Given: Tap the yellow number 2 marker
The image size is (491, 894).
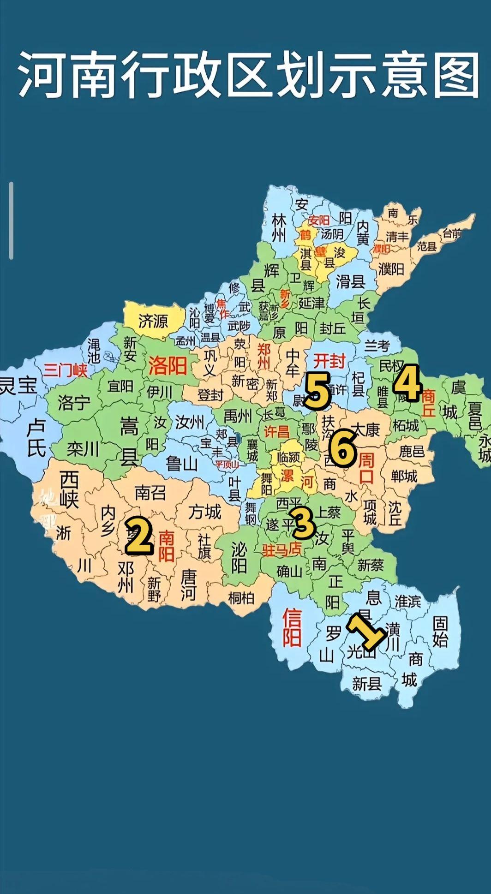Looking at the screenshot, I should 138,535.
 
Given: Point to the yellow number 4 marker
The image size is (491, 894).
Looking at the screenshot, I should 407,382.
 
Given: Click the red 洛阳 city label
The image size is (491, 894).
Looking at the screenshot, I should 167,366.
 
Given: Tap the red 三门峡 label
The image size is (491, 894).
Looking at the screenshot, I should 66,370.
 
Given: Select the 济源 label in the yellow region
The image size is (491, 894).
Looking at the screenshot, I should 154,321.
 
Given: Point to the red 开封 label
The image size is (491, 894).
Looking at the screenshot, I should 329,361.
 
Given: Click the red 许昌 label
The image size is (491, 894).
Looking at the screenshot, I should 276,431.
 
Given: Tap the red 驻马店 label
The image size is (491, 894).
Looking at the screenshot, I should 281,549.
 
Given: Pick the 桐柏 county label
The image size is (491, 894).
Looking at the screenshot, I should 241,598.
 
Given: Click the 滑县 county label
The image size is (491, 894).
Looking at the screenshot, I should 350,281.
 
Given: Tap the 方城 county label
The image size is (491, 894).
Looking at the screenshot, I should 204,512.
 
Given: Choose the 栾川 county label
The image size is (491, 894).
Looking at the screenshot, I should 83,448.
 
